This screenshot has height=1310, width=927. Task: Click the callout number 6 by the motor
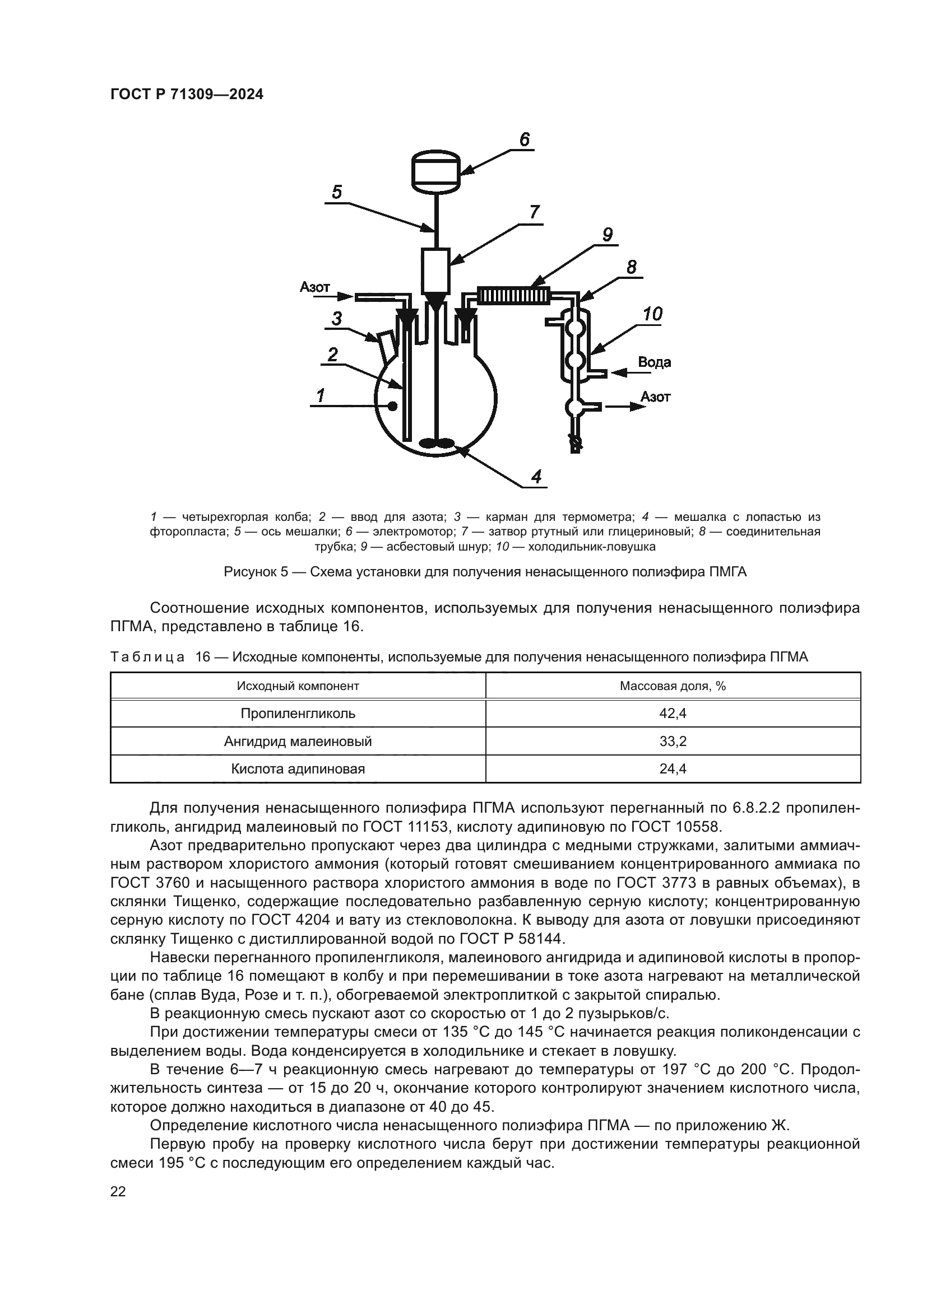pyautogui.click(x=524, y=139)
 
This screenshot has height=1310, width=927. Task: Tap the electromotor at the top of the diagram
pyautogui.click(x=435, y=171)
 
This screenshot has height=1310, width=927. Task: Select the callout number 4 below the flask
pyautogui.click(x=536, y=476)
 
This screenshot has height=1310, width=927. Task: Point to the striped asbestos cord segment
pyautogui.click(x=513, y=296)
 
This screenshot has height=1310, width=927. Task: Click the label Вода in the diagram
pyautogui.click(x=654, y=362)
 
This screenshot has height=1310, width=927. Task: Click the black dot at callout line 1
pyautogui.click(x=393, y=405)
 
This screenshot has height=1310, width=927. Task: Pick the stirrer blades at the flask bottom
pyautogui.click(x=436, y=443)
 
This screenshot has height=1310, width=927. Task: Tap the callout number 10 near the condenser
pyautogui.click(x=652, y=314)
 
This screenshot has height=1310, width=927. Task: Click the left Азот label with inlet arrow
pyautogui.click(x=315, y=287)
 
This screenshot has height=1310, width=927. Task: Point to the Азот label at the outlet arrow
pyautogui.click(x=655, y=397)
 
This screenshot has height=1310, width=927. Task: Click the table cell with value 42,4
pyautogui.click(x=673, y=713)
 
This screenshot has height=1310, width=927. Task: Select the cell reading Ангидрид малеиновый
pyautogui.click(x=298, y=741)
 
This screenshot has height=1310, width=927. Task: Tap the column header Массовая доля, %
pyautogui.click(x=673, y=686)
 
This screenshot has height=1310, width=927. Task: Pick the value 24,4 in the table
pyautogui.click(x=673, y=768)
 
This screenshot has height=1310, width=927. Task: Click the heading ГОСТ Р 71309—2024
pyautogui.click(x=187, y=95)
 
